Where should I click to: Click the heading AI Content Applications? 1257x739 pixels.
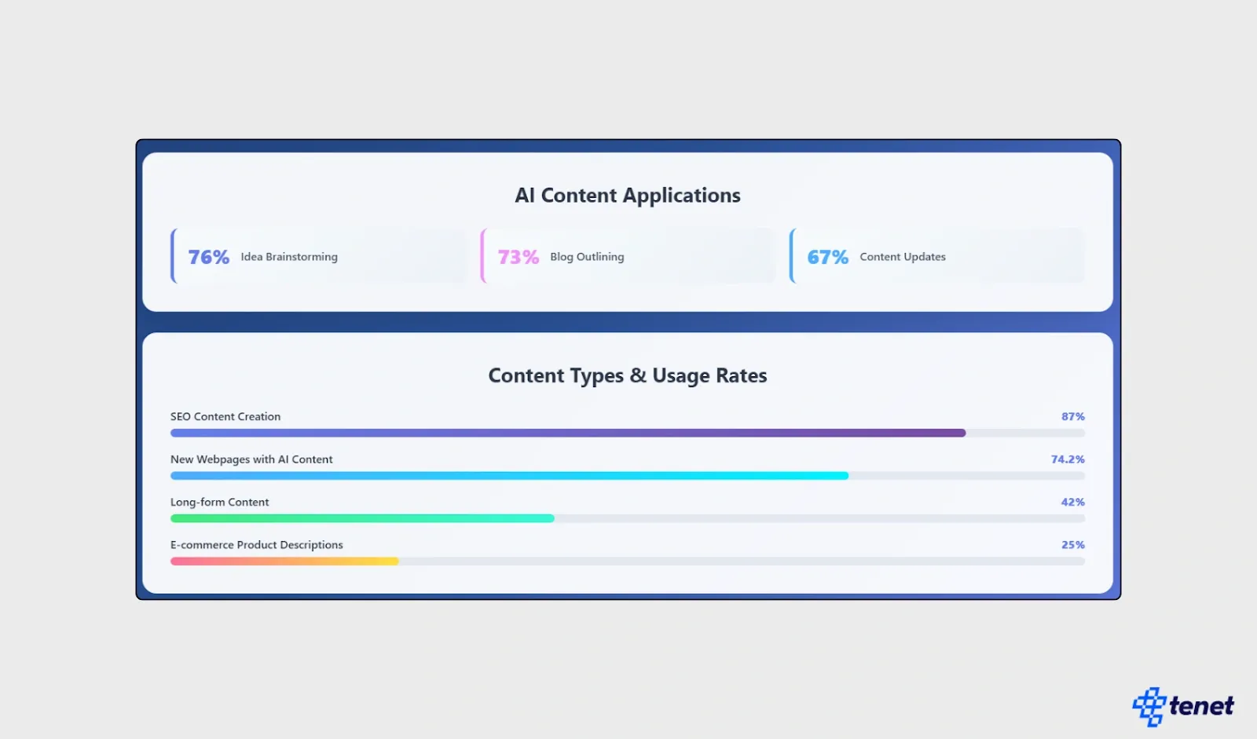point(627,196)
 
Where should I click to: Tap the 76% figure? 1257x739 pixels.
point(209,257)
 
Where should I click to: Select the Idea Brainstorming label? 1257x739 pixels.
point(289,257)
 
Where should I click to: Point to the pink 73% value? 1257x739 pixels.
point(519,257)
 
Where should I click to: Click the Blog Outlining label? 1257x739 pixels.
point(587,257)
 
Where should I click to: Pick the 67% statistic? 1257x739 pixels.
point(828,257)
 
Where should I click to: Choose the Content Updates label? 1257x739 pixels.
point(903,257)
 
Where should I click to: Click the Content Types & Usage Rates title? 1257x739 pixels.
point(627,375)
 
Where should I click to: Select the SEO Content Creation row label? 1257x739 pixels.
point(225,417)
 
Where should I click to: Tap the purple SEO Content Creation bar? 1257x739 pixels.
point(567,433)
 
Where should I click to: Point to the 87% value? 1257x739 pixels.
point(1072,417)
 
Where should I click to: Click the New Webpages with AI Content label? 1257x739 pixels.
point(251,459)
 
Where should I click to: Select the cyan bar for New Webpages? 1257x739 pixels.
point(509,476)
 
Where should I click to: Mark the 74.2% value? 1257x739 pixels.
point(1068,459)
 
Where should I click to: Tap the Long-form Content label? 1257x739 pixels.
point(219,502)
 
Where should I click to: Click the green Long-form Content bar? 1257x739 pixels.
point(362,518)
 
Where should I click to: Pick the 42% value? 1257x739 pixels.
point(1072,502)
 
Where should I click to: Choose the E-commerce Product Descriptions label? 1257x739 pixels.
point(257,545)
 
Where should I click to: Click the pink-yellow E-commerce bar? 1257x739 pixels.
point(284,562)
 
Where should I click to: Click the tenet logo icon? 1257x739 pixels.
point(1149,707)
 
